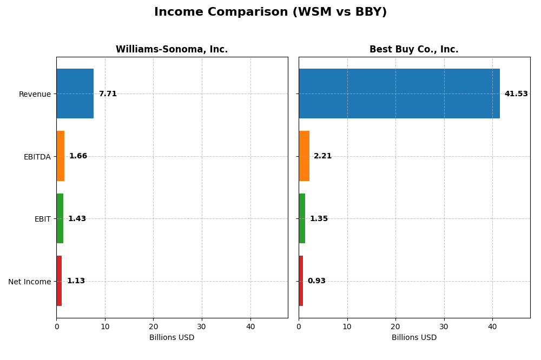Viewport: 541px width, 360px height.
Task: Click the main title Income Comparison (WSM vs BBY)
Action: pyautogui.click(x=270, y=12)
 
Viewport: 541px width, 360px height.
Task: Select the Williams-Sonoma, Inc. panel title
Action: pyautogui.click(x=171, y=50)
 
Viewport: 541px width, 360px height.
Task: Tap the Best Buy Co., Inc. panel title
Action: pyautogui.click(x=414, y=50)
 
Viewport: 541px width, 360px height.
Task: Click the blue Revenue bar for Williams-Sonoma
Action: pyautogui.click(x=75, y=94)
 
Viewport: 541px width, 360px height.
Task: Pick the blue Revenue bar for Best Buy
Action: pyautogui.click(x=399, y=94)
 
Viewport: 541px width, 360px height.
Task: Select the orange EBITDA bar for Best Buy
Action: pyautogui.click(x=304, y=156)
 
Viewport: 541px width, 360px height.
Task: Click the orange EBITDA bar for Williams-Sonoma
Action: pyautogui.click(x=61, y=156)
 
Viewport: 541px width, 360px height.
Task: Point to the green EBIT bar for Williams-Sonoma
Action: pyautogui.click(x=60, y=218)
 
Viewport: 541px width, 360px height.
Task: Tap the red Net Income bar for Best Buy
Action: pyautogui.click(x=301, y=281)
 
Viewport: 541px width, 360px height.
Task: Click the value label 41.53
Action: pyautogui.click(x=516, y=94)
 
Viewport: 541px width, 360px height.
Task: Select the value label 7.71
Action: pyautogui.click(x=108, y=94)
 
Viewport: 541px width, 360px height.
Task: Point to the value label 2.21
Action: pyautogui.click(x=322, y=156)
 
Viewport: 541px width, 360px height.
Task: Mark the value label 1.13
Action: pyautogui.click(x=76, y=281)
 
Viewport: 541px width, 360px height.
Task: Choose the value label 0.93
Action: pyautogui.click(x=316, y=281)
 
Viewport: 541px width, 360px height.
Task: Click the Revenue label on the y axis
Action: pyautogui.click(x=35, y=95)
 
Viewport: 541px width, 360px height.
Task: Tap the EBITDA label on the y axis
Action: pyautogui.click(x=37, y=157)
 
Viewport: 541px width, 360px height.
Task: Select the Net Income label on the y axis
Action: pyautogui.click(x=29, y=282)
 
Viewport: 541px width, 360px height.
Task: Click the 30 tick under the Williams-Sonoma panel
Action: pyautogui.click(x=202, y=326)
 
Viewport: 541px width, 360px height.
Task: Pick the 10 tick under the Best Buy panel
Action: pyautogui.click(x=347, y=326)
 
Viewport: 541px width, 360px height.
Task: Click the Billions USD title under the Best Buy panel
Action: pyautogui.click(x=414, y=338)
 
